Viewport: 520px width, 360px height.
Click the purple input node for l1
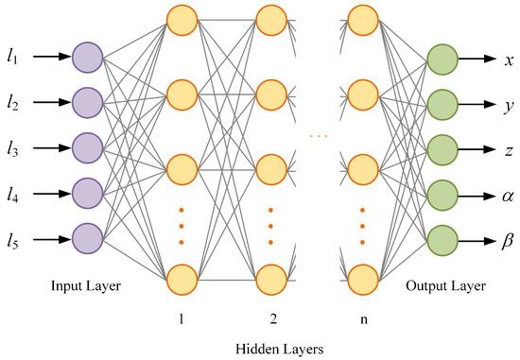point(87,58)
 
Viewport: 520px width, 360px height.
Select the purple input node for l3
point(87,148)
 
